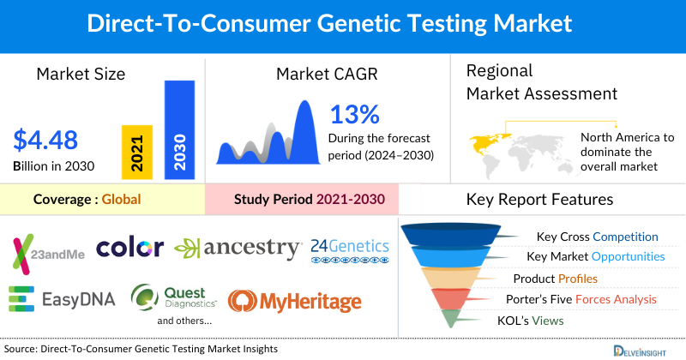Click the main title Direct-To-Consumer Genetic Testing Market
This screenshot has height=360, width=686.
[x=343, y=24]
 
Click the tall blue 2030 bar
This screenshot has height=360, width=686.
[x=179, y=130]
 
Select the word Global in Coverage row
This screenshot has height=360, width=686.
[x=121, y=200]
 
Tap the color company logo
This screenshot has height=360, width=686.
[x=129, y=249]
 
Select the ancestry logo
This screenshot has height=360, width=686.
[x=238, y=249]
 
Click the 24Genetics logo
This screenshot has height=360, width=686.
[x=350, y=249]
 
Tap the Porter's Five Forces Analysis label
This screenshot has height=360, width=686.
[x=592, y=299]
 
